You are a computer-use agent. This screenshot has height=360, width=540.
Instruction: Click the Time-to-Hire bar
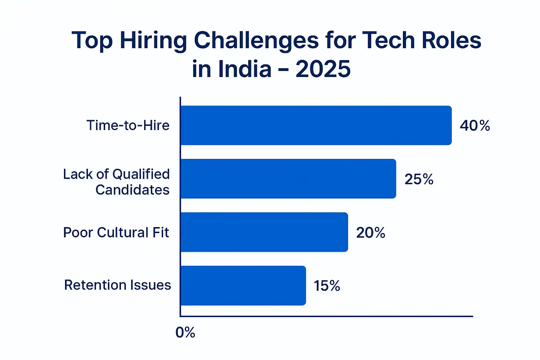click(316, 125)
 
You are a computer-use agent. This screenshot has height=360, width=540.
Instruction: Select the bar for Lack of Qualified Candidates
click(288, 179)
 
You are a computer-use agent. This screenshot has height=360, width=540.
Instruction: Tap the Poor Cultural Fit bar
click(264, 232)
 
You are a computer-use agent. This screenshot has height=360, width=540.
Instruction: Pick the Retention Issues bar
click(243, 285)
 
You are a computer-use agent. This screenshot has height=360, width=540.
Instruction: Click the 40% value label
click(475, 126)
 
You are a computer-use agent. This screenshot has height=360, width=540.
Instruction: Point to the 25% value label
click(419, 179)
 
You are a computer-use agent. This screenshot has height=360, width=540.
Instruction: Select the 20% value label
click(371, 233)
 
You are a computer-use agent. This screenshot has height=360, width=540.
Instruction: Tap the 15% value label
click(327, 286)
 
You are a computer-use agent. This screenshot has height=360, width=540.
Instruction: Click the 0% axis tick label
click(185, 333)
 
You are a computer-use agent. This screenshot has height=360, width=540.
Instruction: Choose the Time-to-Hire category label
click(128, 126)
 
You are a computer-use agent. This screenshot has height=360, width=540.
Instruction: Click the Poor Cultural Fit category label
click(116, 232)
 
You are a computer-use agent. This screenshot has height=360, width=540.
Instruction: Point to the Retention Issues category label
click(117, 285)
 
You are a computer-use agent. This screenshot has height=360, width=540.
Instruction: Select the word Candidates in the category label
click(133, 190)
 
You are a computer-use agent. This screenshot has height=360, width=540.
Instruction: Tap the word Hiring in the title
click(153, 41)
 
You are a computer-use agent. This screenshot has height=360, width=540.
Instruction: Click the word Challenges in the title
click(256, 41)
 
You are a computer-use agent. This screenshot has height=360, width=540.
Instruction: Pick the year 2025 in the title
click(323, 69)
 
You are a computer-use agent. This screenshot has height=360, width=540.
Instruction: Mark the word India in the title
click(245, 69)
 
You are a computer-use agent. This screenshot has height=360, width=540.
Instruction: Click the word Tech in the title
click(388, 40)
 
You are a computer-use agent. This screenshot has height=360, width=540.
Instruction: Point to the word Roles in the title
click(451, 40)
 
